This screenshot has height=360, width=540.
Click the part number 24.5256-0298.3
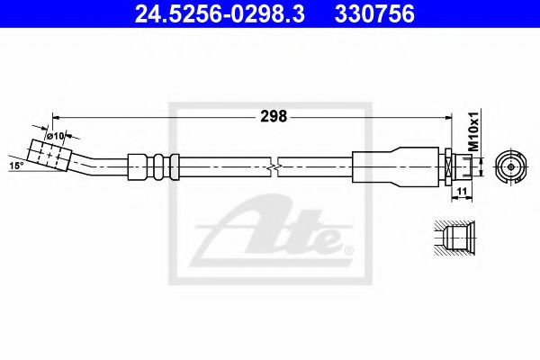[220, 13]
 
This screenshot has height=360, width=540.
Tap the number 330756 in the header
[374, 13]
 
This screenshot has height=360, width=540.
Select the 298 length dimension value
[274, 116]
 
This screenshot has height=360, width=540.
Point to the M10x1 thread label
[475, 130]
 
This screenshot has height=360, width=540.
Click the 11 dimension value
[462, 191]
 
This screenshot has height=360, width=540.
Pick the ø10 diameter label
[56, 136]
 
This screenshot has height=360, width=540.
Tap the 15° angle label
[16, 166]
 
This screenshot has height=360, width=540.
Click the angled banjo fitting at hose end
[49, 155]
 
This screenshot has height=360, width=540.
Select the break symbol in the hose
[274, 167]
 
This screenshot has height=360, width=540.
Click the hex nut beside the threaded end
[448, 167]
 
